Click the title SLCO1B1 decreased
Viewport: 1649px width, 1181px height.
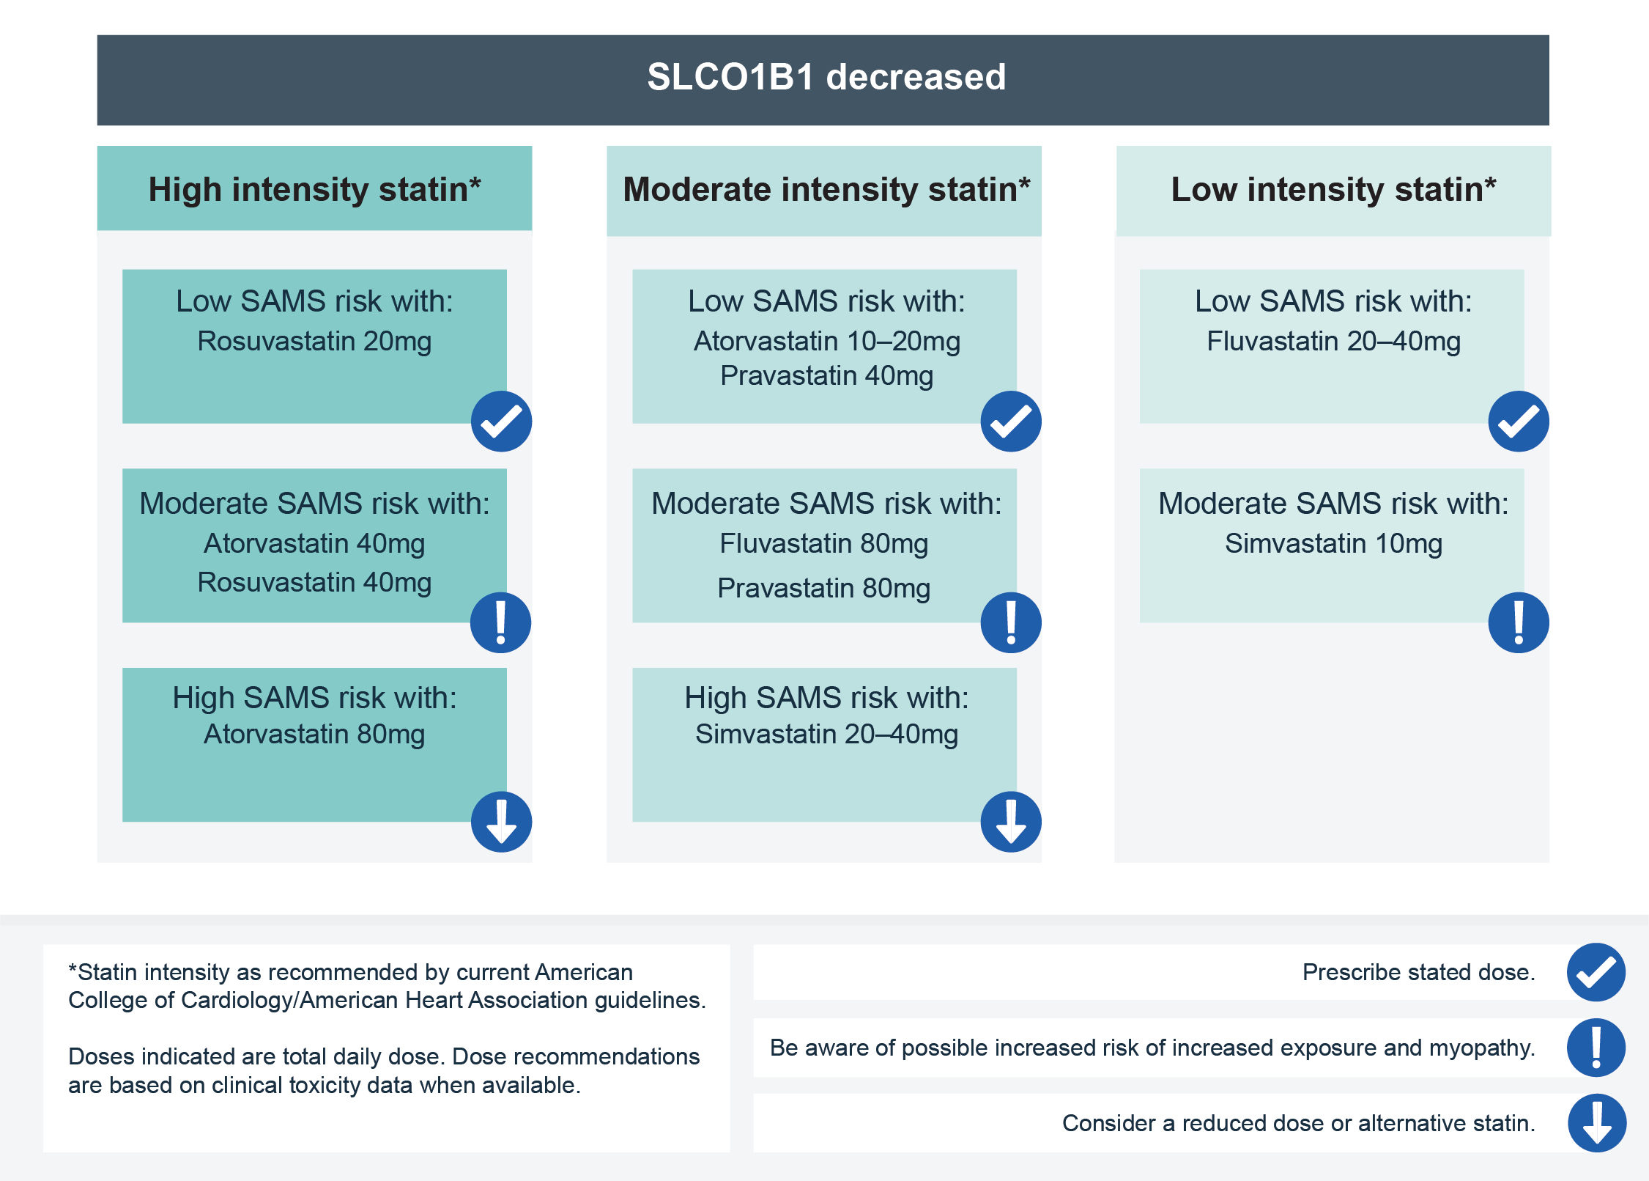[x=826, y=77]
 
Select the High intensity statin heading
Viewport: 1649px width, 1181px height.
[x=315, y=189]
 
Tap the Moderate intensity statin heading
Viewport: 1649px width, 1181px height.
[x=826, y=189]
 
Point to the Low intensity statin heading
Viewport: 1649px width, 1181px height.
[x=1333, y=189]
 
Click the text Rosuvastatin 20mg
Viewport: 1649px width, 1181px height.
[x=314, y=342]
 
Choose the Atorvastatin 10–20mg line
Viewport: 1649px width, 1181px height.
[x=827, y=342]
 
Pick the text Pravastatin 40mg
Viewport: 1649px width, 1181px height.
[x=827, y=376]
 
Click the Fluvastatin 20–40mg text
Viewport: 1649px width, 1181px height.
[x=1333, y=342]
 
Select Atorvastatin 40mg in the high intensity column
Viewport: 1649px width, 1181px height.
[x=314, y=544]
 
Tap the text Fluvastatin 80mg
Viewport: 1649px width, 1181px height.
[x=824, y=544]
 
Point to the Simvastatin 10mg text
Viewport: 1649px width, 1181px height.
[x=1333, y=544]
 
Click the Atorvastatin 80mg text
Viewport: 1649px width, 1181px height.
[x=314, y=735]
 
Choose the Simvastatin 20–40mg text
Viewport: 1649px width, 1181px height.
[x=827, y=735]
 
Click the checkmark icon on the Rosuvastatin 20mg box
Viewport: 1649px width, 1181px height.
[x=501, y=422]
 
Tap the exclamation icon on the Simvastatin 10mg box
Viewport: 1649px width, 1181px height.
[x=1519, y=622]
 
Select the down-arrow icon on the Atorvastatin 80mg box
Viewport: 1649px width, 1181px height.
[x=501, y=822]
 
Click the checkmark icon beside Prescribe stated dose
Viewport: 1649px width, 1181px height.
[x=1596, y=972]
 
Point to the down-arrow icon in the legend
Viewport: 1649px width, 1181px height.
[x=1597, y=1123]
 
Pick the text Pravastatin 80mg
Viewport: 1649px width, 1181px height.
[x=824, y=589]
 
